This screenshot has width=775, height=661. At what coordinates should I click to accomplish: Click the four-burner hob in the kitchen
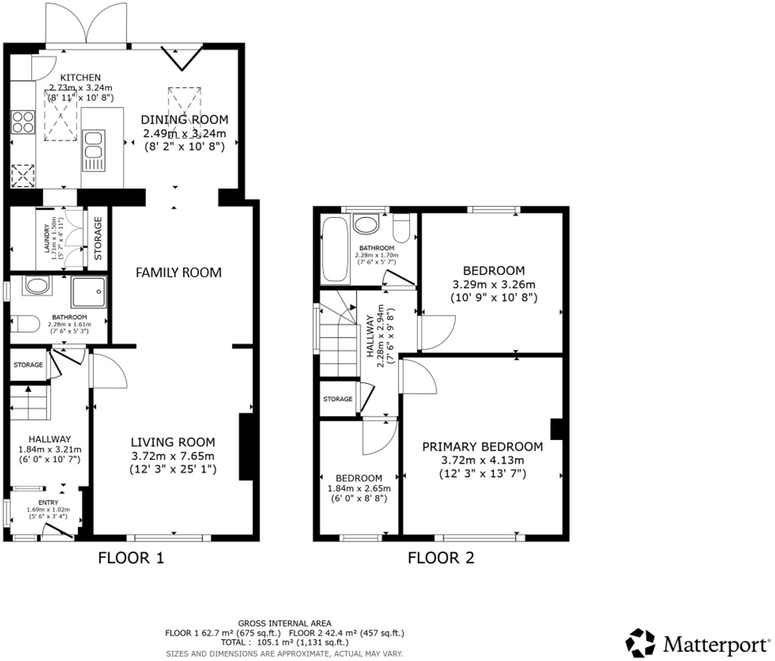23,121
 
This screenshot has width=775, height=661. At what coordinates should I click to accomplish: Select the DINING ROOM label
184,120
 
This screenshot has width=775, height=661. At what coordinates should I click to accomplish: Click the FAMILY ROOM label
179,272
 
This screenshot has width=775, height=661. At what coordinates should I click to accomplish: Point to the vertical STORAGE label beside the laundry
98,239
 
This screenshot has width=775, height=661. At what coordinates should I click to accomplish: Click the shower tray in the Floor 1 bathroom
89,292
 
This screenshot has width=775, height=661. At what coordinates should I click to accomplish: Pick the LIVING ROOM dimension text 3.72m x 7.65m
173,456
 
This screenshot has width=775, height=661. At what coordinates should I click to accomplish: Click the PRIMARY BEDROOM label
482,447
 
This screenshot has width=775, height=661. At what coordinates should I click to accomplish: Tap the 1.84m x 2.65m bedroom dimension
359,488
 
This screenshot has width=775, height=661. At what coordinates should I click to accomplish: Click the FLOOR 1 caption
130,558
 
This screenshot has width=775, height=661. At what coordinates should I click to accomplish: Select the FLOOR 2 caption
441,558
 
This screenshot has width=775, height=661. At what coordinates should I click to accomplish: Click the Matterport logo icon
640,642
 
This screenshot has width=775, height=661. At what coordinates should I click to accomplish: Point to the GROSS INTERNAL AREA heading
284,624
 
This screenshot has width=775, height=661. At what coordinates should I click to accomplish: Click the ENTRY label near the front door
48,503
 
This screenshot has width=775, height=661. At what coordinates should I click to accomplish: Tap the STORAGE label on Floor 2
338,399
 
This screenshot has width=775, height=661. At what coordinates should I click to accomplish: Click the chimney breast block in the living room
245,447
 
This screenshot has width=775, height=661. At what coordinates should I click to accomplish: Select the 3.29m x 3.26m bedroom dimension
493,284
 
